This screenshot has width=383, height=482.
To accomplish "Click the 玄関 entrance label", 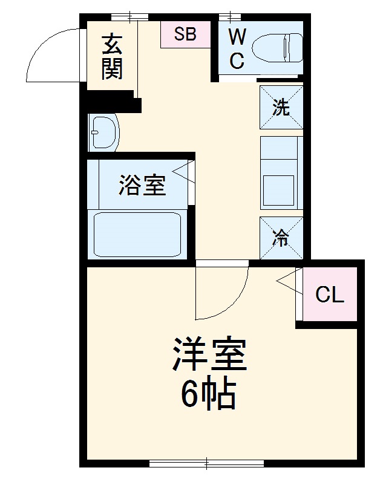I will tap(111, 58).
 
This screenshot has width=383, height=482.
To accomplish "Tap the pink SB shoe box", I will tap(185, 34).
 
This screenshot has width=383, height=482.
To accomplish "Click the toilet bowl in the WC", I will tap(278, 47).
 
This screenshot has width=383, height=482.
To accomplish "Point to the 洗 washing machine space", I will tap(281, 107).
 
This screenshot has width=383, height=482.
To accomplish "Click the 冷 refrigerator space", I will tap(281, 238).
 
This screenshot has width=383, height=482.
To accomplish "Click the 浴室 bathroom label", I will tap(142, 184).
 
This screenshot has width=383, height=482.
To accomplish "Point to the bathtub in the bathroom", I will tap(138, 233).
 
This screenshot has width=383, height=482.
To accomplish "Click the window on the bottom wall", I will tap(206, 464).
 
